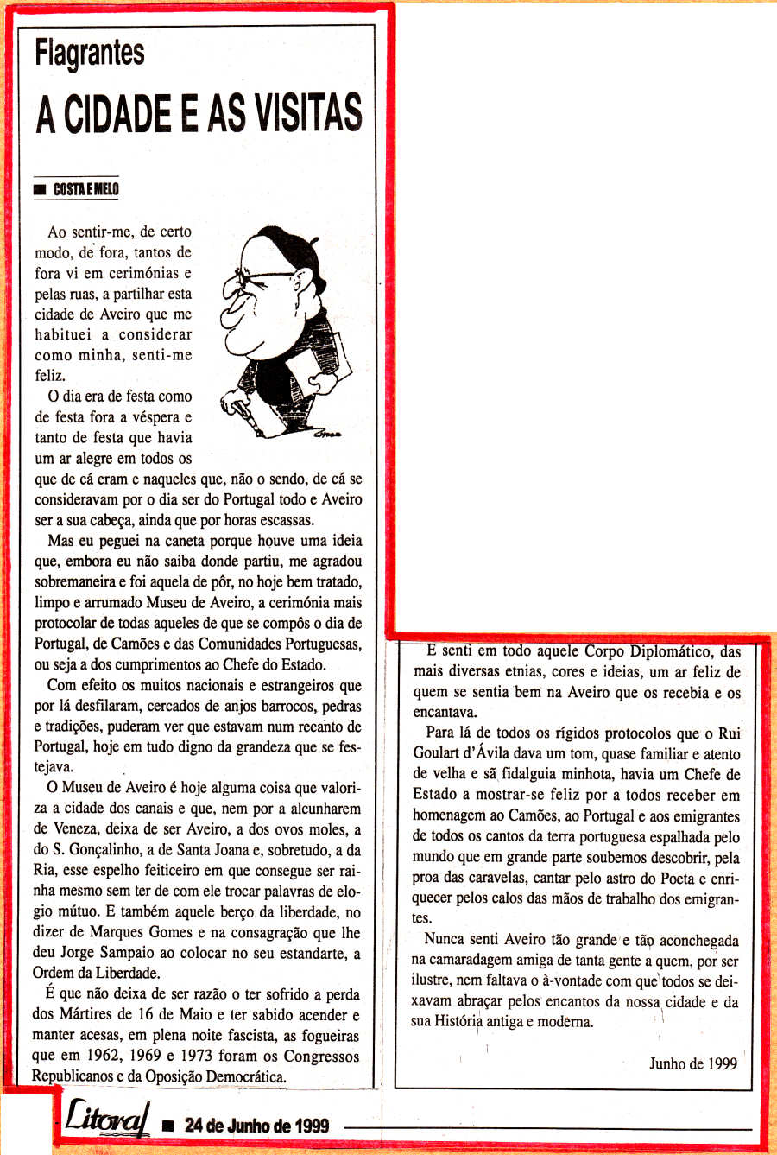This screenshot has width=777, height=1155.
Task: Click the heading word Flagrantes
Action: (x=89, y=54)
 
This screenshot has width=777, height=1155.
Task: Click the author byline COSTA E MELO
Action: (x=85, y=189)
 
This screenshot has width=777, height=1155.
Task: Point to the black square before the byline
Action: (x=39, y=190)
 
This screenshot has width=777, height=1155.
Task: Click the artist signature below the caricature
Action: (x=329, y=433)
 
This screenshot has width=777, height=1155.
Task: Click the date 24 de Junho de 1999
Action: (x=256, y=1125)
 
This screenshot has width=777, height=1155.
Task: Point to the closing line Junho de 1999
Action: (x=693, y=1063)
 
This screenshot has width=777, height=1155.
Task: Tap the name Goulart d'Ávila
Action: (x=467, y=753)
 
